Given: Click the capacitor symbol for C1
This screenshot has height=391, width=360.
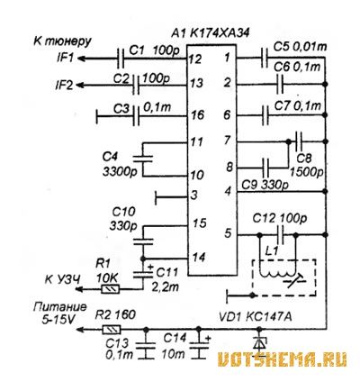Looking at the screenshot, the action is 120,59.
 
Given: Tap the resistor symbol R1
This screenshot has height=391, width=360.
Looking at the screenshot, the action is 111,289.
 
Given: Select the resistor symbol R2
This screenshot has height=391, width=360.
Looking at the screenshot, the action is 112,330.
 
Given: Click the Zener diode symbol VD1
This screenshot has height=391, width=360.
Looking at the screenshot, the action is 259,342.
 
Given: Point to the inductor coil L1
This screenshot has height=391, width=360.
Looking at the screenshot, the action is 276,273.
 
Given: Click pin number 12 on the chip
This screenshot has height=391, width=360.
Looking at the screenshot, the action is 195,59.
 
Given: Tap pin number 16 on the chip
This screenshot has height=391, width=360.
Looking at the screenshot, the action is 197,114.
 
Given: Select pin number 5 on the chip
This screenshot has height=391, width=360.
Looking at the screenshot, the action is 229,232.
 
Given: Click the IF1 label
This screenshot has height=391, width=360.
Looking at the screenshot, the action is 65,57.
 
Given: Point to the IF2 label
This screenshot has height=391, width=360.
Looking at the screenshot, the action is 65,86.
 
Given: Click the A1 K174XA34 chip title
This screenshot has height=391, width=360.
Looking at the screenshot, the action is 211,33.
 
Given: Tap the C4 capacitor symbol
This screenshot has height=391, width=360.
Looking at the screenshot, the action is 143,159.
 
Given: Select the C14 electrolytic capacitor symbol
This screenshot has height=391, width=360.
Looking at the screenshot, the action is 198,345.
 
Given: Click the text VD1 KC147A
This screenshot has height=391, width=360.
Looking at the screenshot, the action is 256,316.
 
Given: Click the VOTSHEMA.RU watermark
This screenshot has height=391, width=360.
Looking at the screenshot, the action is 282,359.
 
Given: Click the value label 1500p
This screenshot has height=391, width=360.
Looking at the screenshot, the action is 307,172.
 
